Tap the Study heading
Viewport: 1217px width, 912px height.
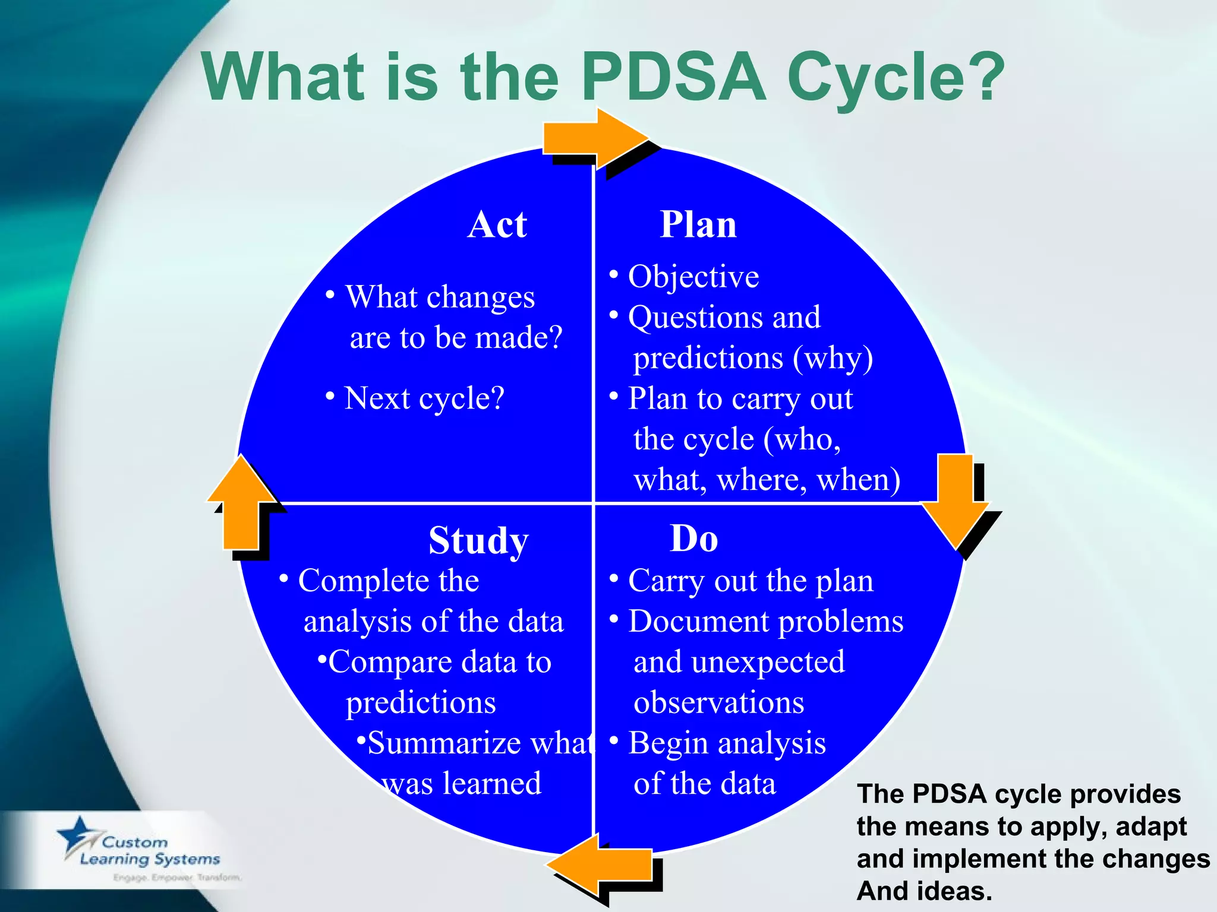click(x=478, y=540)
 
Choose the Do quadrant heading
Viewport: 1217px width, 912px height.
click(x=693, y=539)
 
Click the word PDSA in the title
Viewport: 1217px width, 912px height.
click(x=674, y=77)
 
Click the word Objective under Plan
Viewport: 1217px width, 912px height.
click(x=693, y=277)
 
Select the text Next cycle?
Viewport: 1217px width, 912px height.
click(x=424, y=398)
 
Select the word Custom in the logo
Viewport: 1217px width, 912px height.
click(x=135, y=843)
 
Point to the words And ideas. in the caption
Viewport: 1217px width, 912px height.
click(x=924, y=891)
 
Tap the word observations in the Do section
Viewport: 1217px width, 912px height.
click(x=719, y=703)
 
